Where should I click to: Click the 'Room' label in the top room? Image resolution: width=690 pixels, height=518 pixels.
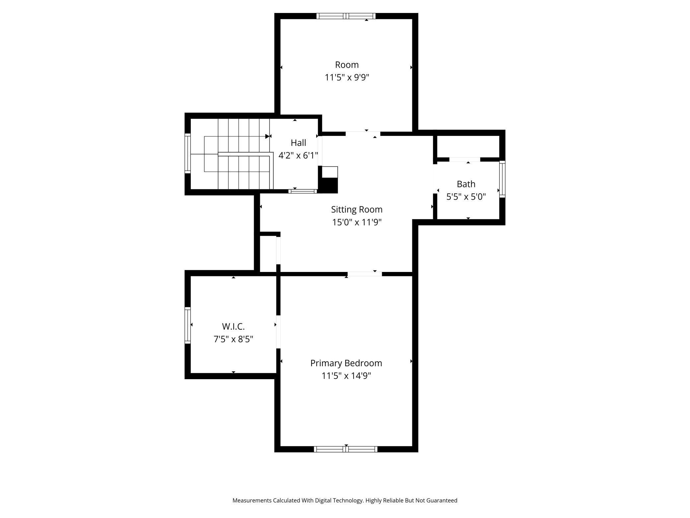coord(347,65)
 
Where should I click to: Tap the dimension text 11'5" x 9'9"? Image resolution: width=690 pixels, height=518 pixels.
coord(347,77)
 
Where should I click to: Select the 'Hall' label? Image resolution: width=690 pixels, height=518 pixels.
coord(298,143)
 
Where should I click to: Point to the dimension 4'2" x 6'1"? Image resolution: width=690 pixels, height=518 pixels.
coord(298,155)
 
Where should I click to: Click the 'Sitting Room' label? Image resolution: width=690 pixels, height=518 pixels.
coord(357,210)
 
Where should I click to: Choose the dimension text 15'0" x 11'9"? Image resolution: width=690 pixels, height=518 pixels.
coord(357,222)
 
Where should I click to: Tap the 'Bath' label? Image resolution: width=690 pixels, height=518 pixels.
coord(466,184)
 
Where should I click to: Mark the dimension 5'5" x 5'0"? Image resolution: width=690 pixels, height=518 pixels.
coord(466,197)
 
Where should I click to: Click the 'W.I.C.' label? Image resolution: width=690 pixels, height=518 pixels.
coord(233,326)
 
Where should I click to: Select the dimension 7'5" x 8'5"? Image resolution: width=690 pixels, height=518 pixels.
coord(233,339)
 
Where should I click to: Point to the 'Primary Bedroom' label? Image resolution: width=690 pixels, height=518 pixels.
coord(346,363)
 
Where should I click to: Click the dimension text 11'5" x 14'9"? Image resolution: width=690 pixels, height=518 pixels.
coord(346,376)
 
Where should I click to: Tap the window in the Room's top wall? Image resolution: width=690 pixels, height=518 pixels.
coord(346,16)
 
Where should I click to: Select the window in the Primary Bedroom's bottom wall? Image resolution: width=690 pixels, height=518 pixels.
coord(346,449)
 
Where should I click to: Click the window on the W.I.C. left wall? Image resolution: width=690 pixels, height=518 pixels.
coord(188,325)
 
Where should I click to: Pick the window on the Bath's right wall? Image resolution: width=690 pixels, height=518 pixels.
coord(502,179)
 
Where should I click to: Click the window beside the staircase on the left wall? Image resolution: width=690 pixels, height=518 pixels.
coord(188,153)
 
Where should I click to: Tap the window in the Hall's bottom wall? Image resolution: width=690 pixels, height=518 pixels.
coord(303,191)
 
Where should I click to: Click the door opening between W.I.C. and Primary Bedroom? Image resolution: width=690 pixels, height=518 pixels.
coord(278,332)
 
